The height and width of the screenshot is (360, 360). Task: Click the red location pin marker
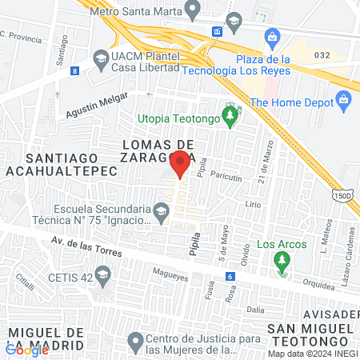[x=180, y=163]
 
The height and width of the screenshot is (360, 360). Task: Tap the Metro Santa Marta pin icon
[x=191, y=10]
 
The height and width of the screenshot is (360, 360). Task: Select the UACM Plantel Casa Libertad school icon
[x=101, y=58]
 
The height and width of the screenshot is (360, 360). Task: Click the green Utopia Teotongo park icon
[x=230, y=118]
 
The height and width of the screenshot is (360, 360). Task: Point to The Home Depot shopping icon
[x=345, y=102]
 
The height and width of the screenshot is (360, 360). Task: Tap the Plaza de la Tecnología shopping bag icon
[x=273, y=37]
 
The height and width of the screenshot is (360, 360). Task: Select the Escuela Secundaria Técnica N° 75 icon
[x=162, y=212]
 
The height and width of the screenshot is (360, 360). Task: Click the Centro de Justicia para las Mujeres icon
[x=134, y=342]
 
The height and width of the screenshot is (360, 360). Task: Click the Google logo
[x=27, y=350]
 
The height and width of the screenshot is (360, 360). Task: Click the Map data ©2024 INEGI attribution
[x=312, y=354]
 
